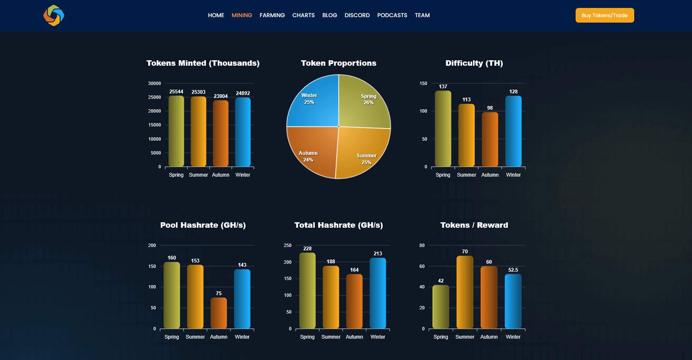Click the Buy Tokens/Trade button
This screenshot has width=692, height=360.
pyautogui.click(x=605, y=15)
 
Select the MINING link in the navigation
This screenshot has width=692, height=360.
pyautogui.click(x=242, y=15)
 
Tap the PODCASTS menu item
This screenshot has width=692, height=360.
pyautogui.click(x=392, y=15)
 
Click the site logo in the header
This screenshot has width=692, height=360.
pyautogui.click(x=54, y=15)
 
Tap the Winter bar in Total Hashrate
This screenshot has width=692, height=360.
pyautogui.click(x=378, y=293)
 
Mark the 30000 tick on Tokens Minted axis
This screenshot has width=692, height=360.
pyautogui.click(x=154, y=84)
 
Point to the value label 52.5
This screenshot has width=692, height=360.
pyautogui.click(x=513, y=270)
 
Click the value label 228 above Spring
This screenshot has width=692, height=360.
pyautogui.click(x=307, y=249)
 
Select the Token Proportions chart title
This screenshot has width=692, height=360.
pyautogui.click(x=338, y=63)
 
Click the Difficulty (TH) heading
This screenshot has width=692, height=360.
pyautogui.click(x=474, y=63)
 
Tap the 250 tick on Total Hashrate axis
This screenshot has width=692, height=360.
pyautogui.click(x=288, y=246)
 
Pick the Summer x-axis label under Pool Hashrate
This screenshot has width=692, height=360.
pyautogui.click(x=195, y=337)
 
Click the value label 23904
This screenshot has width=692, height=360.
pyautogui.click(x=221, y=96)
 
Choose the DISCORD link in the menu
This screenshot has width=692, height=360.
pyautogui.click(x=357, y=15)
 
